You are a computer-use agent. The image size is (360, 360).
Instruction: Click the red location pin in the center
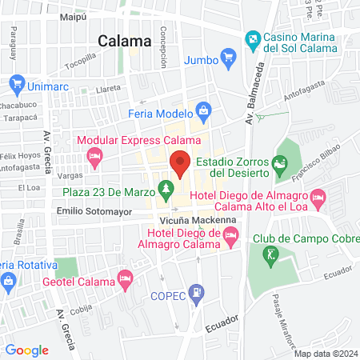tap(180, 163)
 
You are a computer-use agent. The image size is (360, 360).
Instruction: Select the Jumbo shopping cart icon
tap(229, 58)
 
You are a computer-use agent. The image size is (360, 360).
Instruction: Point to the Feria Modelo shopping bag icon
tap(204, 110)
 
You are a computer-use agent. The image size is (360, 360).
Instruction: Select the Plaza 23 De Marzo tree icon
tap(166, 190)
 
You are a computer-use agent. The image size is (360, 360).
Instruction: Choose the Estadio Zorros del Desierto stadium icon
tap(279, 166)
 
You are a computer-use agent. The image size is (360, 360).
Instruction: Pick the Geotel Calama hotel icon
tap(124, 278)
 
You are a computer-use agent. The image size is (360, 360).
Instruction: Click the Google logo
tap(26, 350)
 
